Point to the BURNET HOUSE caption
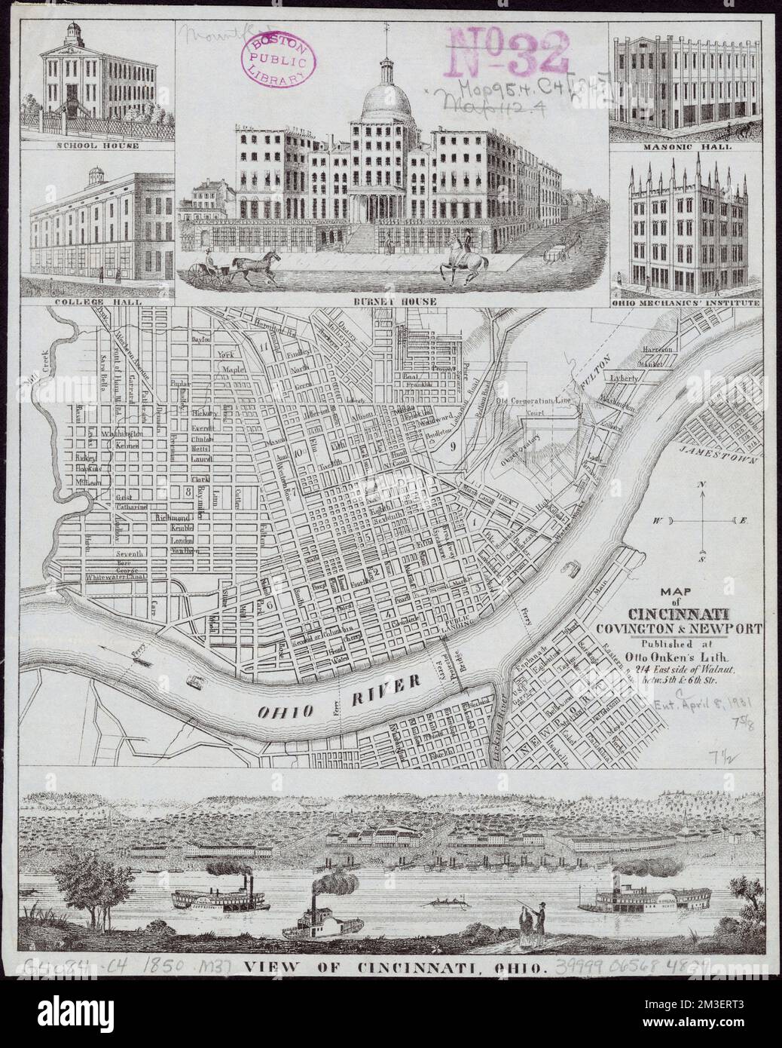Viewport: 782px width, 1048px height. (x=393, y=301)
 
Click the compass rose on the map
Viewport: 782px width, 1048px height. (x=700, y=521)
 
